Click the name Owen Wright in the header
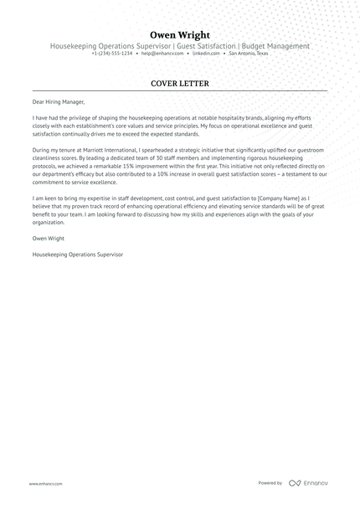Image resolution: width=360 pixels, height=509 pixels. click(180, 34)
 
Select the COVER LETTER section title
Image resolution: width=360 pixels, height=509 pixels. click(180, 84)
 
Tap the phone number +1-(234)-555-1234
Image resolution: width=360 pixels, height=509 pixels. click(112, 53)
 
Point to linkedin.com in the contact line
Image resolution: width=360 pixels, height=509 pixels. click(206, 53)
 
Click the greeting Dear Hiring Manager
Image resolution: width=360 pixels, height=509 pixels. click(59, 103)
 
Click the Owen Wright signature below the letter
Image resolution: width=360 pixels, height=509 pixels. click(49, 238)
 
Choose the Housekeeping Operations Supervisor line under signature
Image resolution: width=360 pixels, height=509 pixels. click(77, 254)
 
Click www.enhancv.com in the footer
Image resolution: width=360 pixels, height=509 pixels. click(43, 483)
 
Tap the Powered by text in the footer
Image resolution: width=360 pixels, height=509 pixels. click(270, 483)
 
